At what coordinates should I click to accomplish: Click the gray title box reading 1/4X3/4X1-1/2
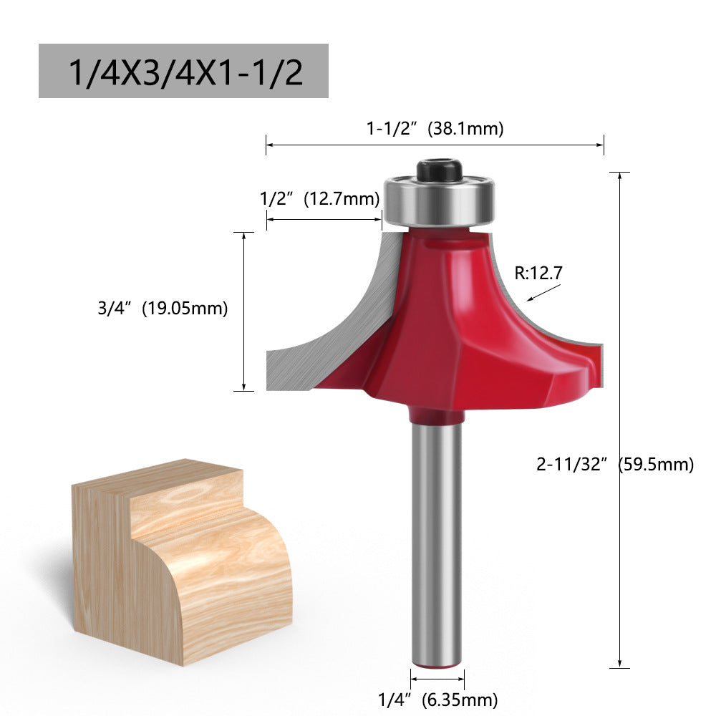183,71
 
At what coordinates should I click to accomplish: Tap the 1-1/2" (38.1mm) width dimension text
435,129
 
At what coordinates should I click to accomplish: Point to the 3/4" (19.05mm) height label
163,309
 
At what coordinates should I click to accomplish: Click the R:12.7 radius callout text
538,272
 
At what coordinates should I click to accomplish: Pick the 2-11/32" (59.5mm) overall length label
615,464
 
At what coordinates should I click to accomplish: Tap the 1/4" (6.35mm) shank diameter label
437,699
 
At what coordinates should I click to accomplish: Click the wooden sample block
179,566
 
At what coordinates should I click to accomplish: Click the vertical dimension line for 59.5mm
619,430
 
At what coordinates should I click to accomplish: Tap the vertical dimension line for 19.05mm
244,311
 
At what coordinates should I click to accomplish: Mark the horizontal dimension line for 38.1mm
435,145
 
